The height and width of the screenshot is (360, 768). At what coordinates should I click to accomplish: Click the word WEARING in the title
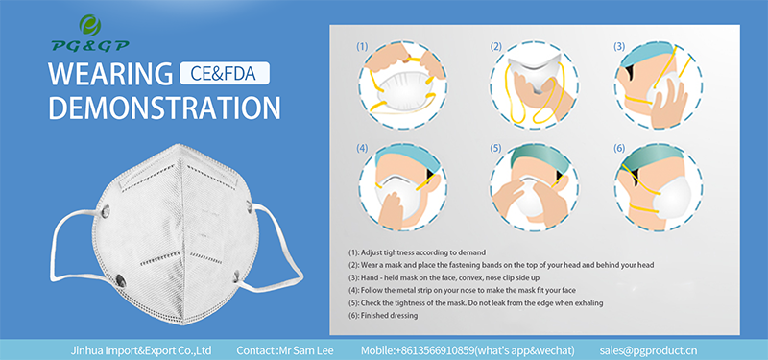point(108,73)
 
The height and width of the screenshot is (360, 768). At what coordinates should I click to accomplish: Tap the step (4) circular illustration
point(396,186)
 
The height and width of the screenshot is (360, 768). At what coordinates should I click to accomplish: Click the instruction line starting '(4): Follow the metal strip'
point(462,289)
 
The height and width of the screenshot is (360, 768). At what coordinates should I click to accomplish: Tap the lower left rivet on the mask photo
point(123,279)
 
